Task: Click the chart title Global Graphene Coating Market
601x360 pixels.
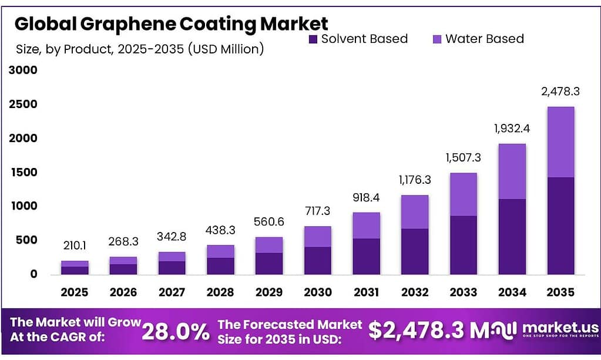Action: click(x=171, y=23)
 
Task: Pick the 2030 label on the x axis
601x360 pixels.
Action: click(x=317, y=292)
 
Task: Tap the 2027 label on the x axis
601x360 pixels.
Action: click(x=172, y=292)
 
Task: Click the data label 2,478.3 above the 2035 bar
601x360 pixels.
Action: click(x=560, y=92)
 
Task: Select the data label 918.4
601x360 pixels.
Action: click(x=366, y=198)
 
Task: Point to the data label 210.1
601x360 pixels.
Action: click(x=75, y=247)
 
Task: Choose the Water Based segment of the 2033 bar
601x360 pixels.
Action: click(x=463, y=194)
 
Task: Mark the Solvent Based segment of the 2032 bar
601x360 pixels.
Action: click(x=414, y=251)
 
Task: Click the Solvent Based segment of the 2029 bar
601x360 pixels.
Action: click(x=268, y=263)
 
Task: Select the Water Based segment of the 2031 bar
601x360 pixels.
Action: click(x=366, y=226)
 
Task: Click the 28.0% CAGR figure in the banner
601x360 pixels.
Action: click(x=176, y=332)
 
